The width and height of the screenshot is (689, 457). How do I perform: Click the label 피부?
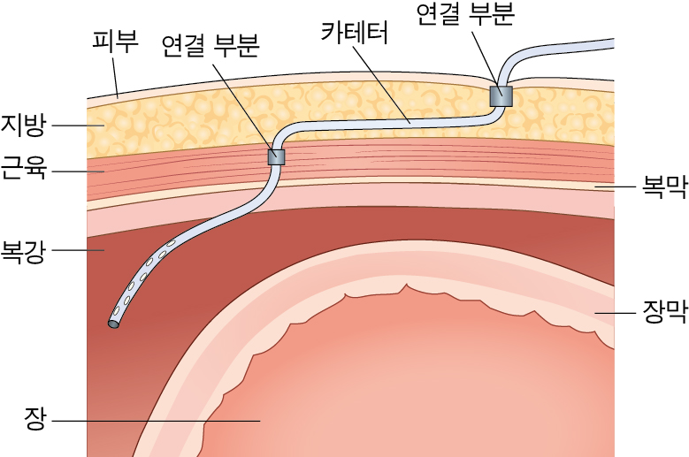coord(115,41)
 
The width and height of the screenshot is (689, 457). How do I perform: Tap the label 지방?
coord(23,126)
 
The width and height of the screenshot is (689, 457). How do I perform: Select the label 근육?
coord(23,170)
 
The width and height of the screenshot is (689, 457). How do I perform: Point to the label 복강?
coord(23,250)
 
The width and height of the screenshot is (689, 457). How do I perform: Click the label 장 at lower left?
coord(34,418)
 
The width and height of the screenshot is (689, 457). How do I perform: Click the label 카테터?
coord(355,33)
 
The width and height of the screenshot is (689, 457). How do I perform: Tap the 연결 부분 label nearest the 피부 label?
coord(210,46)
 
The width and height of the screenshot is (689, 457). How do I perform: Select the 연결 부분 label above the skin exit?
coord(465,13)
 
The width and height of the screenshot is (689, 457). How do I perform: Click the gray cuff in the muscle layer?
coord(276,156)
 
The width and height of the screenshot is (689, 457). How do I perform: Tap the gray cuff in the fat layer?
coord(501,96)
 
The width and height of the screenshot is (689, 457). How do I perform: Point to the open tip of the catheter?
coord(113,324)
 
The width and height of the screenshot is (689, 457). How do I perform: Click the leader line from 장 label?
coord(156,421)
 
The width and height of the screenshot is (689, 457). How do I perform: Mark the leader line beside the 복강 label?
coord(78,251)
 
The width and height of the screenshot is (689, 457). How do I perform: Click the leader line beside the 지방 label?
coord(78,126)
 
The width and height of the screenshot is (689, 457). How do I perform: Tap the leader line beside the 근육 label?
coord(78,171)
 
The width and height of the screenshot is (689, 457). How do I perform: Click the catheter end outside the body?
coord(613,43)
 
